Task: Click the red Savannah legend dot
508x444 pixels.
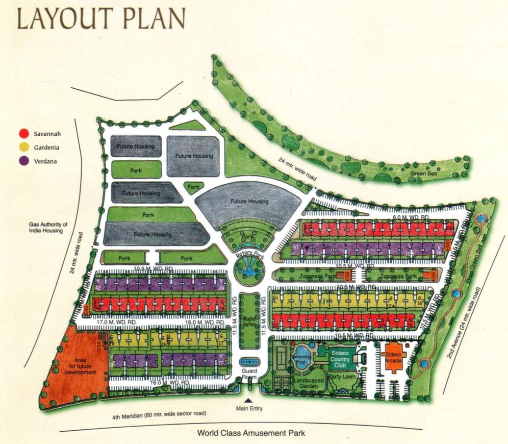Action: click(23, 134)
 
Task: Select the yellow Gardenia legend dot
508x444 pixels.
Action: click(23, 147)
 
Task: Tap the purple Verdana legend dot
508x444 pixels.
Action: click(23, 161)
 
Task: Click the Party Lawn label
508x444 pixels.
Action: click(342, 377)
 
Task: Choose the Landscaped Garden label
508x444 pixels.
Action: click(306, 383)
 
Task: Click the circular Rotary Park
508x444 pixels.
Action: click(249, 268)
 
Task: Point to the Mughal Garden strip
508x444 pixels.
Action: click(249, 320)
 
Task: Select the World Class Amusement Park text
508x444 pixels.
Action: click(251, 434)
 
